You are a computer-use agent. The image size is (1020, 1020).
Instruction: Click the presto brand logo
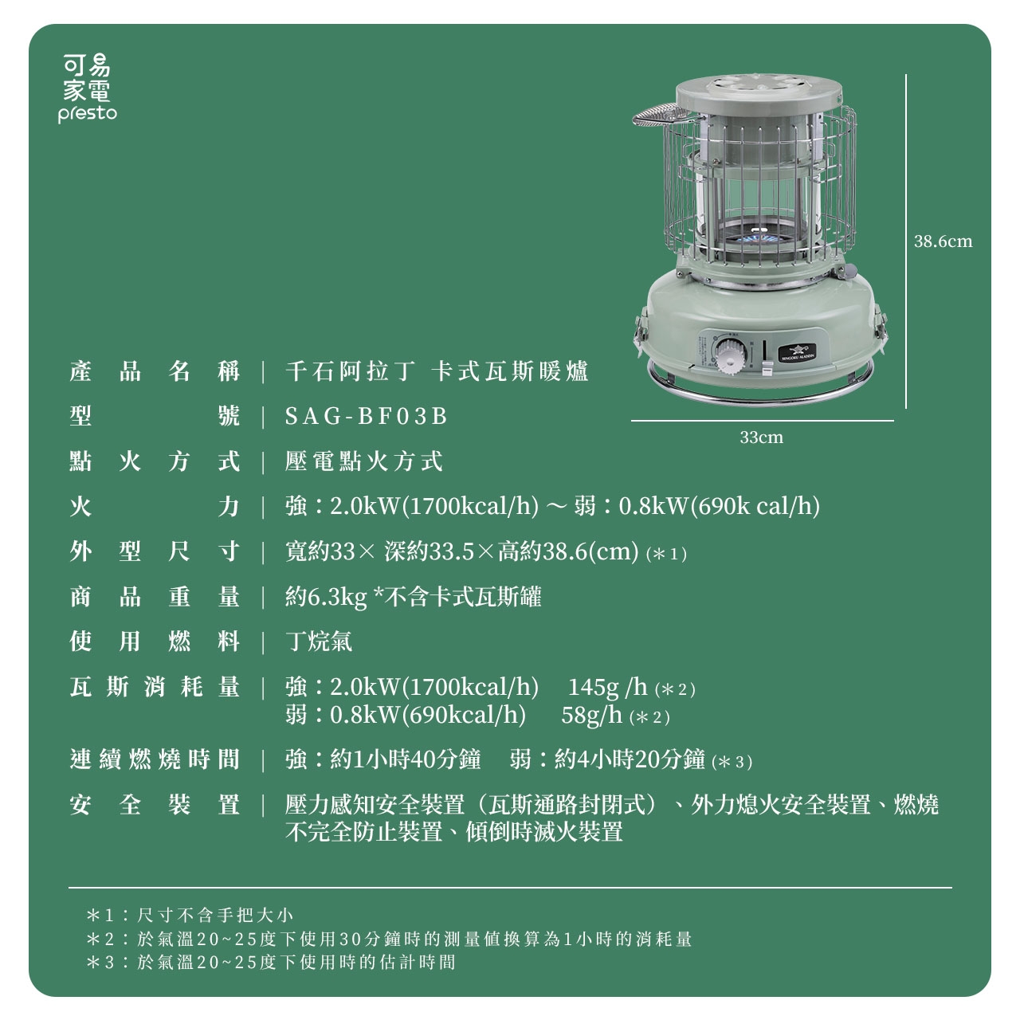click(x=88, y=88)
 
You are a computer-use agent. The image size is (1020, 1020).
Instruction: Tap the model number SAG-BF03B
click(x=367, y=416)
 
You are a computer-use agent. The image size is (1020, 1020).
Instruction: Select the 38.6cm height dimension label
click(x=943, y=241)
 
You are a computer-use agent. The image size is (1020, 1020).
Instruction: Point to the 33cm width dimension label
click(x=761, y=437)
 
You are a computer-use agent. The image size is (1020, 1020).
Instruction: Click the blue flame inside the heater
click(x=759, y=240)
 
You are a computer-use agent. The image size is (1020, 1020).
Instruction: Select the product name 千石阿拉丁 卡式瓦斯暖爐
click(x=437, y=371)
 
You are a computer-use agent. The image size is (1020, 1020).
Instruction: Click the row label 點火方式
click(x=155, y=461)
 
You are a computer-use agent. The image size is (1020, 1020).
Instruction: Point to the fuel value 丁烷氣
click(x=319, y=641)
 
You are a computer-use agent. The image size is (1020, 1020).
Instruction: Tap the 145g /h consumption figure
click(x=607, y=687)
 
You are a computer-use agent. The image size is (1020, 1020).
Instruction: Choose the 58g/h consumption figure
click(x=591, y=715)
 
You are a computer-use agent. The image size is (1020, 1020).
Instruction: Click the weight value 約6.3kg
click(x=326, y=597)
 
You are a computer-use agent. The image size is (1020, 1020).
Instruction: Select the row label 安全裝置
click(x=155, y=805)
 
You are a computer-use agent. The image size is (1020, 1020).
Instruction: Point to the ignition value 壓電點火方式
click(x=364, y=461)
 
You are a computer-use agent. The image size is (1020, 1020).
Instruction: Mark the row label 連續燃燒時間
click(x=155, y=759)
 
